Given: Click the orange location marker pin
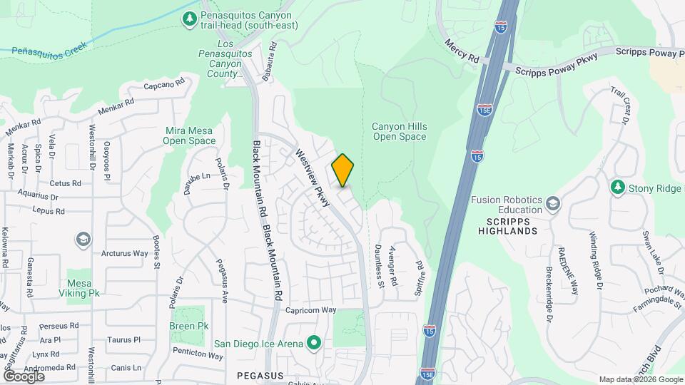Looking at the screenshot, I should (343, 171).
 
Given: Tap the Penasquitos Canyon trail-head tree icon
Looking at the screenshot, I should (190, 19).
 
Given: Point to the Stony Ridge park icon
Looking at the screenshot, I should (618, 188).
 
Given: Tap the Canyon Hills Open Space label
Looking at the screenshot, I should (400, 131).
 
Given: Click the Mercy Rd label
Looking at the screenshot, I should (462, 53).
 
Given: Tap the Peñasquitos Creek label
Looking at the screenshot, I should (49, 48).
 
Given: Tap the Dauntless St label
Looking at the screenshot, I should (380, 265).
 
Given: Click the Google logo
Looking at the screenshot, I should (24, 376).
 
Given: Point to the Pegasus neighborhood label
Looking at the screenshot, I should (260, 375).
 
